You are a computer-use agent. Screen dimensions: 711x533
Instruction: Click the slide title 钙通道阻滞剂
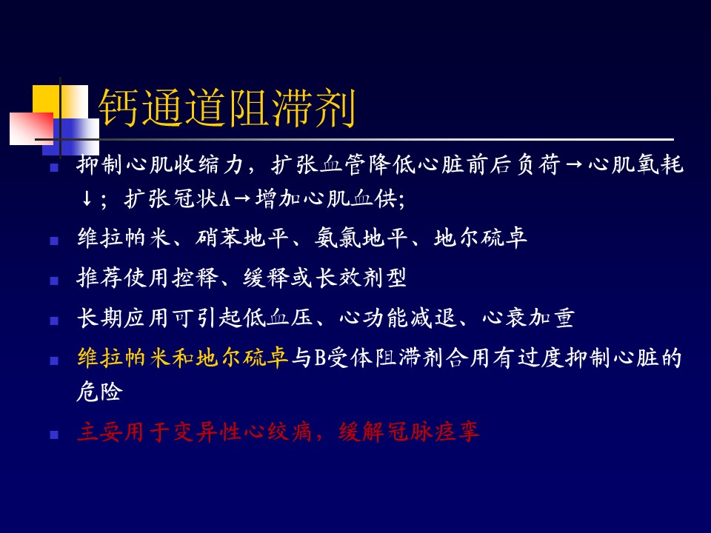tap(227, 108)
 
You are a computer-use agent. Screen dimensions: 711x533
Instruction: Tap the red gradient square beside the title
tap(31, 129)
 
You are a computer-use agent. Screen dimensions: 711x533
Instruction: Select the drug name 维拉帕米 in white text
tap(124, 238)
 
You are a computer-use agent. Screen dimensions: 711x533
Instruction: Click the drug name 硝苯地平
tap(241, 238)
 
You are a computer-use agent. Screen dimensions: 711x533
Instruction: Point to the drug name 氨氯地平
tap(361, 238)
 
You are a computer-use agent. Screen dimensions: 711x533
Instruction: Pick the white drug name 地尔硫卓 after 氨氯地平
tap(480, 238)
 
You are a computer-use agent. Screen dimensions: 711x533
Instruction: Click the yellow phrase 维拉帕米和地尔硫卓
tap(183, 358)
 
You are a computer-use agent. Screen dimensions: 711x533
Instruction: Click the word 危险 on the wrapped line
tap(100, 391)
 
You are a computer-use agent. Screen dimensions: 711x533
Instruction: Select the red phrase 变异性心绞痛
tap(243, 432)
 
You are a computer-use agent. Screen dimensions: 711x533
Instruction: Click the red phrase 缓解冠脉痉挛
tap(408, 432)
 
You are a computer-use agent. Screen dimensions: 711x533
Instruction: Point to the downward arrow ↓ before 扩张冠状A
tap(87, 198)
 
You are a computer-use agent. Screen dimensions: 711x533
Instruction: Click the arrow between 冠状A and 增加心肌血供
tap(242, 199)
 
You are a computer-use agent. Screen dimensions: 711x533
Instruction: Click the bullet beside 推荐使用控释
tap(54, 281)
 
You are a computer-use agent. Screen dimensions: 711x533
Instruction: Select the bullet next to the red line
tap(54, 435)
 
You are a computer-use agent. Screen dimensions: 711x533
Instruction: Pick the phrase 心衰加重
tap(528, 318)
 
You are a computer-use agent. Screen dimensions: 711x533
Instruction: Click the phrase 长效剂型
tap(361, 278)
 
